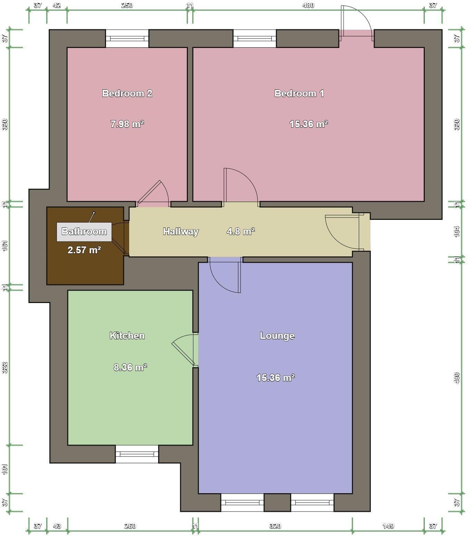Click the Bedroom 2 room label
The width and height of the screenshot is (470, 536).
pos(127,93)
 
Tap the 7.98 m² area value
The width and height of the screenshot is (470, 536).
pos(127,124)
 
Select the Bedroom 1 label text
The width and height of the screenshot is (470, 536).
pos(299,93)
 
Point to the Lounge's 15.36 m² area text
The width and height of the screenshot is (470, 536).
pos(275,378)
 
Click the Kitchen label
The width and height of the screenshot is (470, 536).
pos(127,335)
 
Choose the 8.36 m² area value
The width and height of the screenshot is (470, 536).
pos(130,367)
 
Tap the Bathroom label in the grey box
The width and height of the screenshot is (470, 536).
pos(84,231)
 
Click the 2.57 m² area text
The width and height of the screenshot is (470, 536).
pos(84,250)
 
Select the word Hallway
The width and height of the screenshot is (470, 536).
pos(181,231)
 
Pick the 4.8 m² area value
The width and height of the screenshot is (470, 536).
pos(241,231)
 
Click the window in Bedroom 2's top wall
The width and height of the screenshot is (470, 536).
pos(127,39)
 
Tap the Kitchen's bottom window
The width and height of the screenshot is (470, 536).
pos(137,454)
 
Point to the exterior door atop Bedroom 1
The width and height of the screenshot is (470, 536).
pos(356,21)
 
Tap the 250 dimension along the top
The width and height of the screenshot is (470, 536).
pos(127,5)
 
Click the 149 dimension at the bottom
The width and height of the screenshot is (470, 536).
pos(388,526)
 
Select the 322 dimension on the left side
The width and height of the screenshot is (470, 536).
pos(5,368)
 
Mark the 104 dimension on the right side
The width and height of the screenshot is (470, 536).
pos(457,231)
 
